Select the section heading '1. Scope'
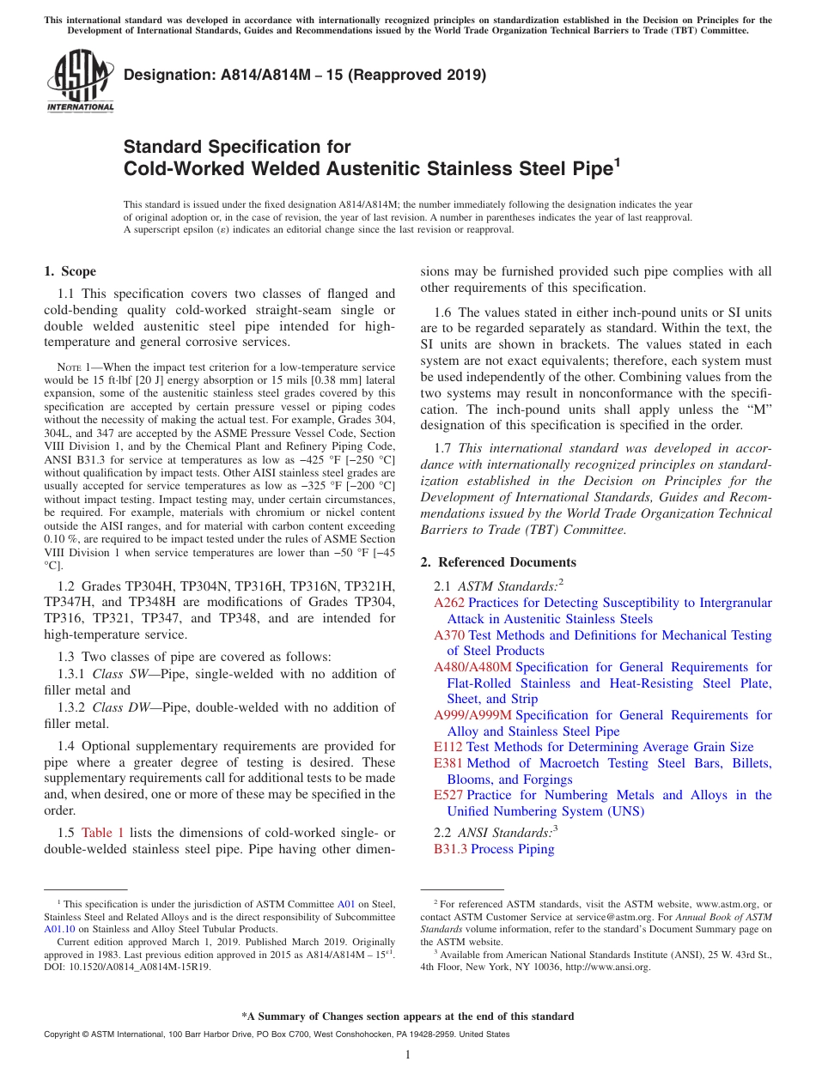pyautogui.click(x=70, y=271)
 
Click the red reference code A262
pyautogui.click(x=448, y=603)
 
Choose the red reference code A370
pyautogui.click(x=448, y=635)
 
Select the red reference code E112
pyautogui.click(x=448, y=747)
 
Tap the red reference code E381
pyautogui.click(x=448, y=763)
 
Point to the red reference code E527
pyautogui.click(x=448, y=795)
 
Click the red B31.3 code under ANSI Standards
pyautogui.click(x=450, y=849)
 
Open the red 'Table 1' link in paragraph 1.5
pyautogui.click(x=103, y=832)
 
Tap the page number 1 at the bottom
pyautogui.click(x=407, y=1054)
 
